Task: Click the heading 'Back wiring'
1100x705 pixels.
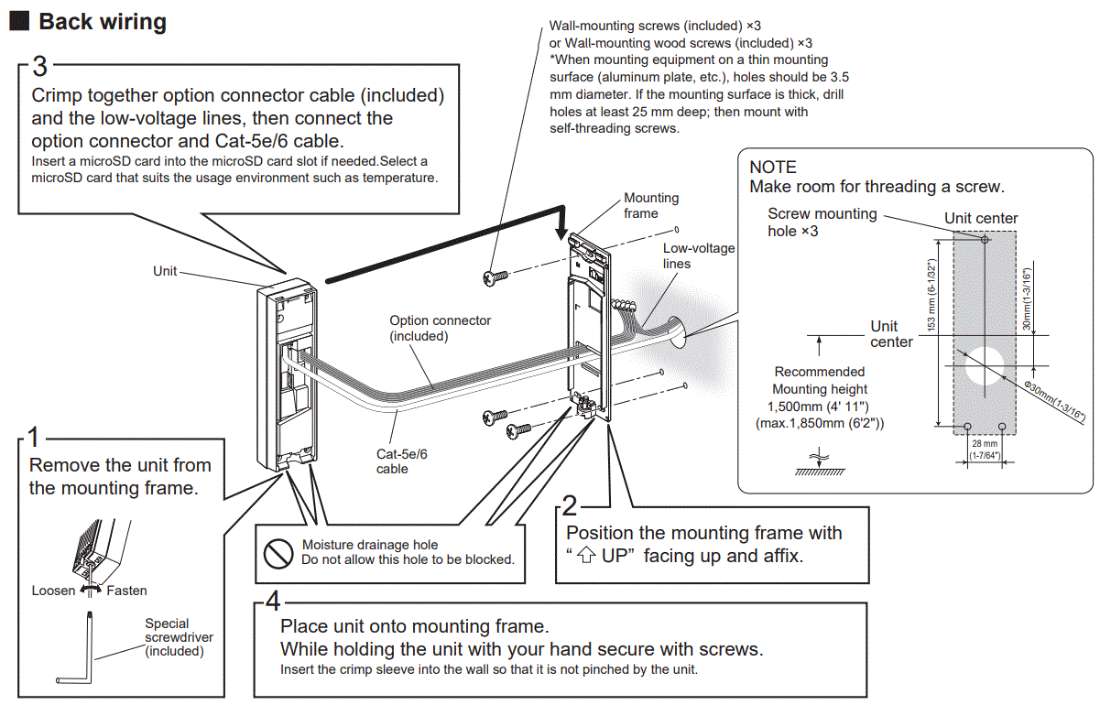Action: (x=103, y=22)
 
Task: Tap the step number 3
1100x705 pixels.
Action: (x=39, y=66)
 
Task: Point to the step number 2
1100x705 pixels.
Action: (x=570, y=504)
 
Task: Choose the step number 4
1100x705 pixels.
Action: (x=273, y=602)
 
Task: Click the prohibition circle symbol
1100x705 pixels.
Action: (x=278, y=552)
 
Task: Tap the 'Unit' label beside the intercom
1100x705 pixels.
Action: (x=165, y=272)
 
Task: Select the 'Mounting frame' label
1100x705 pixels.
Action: (x=651, y=205)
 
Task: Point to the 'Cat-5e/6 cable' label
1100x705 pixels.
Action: (x=401, y=461)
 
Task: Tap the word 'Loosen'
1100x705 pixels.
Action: (x=53, y=591)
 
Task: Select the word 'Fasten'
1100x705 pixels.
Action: (x=126, y=591)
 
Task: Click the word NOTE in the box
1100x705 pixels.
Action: (x=773, y=168)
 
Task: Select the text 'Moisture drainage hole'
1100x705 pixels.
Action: (x=370, y=546)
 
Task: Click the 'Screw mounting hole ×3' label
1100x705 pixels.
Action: (x=822, y=222)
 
